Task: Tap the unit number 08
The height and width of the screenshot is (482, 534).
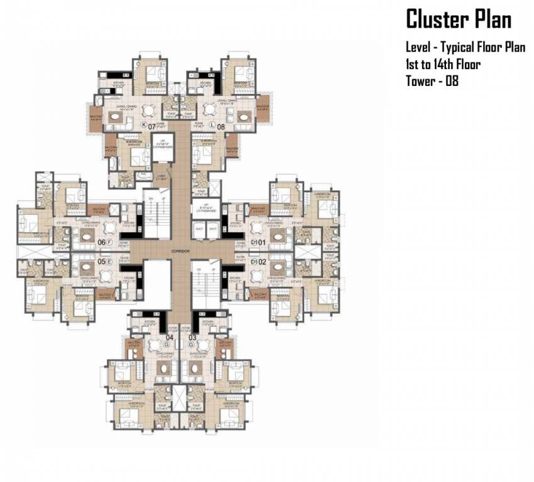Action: point(221,126)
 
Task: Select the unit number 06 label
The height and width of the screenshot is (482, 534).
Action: point(101,242)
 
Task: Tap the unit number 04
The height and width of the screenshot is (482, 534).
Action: point(170,337)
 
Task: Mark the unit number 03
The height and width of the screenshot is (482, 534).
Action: point(192,337)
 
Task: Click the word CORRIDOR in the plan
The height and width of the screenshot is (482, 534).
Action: point(181,251)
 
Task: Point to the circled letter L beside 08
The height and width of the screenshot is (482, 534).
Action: point(212,126)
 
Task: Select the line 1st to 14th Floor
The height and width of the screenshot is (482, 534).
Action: point(443,64)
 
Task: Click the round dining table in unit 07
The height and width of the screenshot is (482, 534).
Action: point(148,110)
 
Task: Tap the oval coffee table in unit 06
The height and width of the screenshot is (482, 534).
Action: point(84,235)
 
